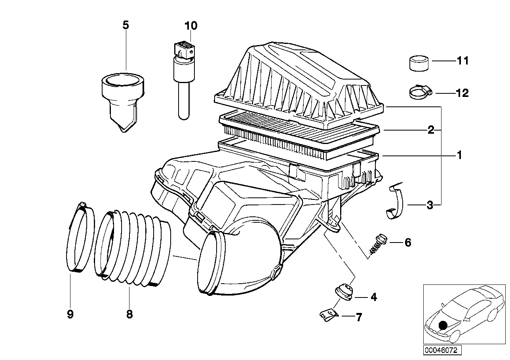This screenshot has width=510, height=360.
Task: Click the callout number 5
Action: pyautogui.click(x=126, y=26)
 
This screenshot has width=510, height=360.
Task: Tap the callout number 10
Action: pyautogui.click(x=190, y=26)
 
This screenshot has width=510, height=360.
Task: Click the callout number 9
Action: pyautogui.click(x=70, y=315)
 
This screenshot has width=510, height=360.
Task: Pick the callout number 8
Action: pyautogui.click(x=129, y=315)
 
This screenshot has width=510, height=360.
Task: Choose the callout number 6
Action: pyautogui.click(x=407, y=242)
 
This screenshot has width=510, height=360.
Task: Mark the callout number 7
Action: pyautogui.click(x=359, y=317)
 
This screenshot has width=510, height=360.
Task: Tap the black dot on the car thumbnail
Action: pyautogui.click(x=443, y=325)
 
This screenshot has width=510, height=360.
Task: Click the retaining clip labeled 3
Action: pyautogui.click(x=396, y=202)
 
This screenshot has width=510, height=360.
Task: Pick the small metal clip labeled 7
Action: pyautogui.click(x=329, y=314)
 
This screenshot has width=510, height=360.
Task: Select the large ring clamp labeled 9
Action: pyautogui.click(x=81, y=237)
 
